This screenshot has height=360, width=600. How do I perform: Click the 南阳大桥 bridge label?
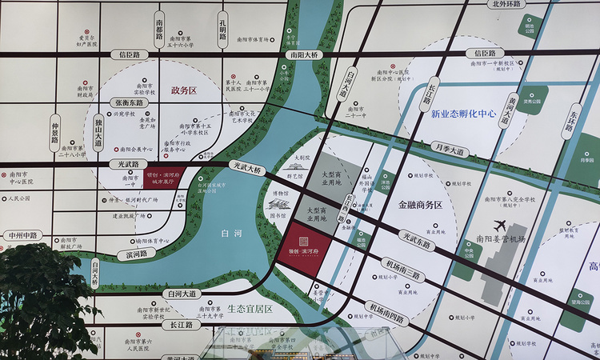pyautogui.click(x=303, y=55)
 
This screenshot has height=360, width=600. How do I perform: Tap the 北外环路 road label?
pyautogui.click(x=506, y=4)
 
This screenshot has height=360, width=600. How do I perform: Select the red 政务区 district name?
pyautogui.click(x=183, y=90)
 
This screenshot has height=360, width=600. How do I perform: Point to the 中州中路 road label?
pyautogui.click(x=24, y=235)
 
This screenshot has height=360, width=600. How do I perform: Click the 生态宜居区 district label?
pyautogui.click(x=250, y=308)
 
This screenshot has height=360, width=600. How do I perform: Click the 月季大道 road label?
pyautogui.click(x=449, y=150)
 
